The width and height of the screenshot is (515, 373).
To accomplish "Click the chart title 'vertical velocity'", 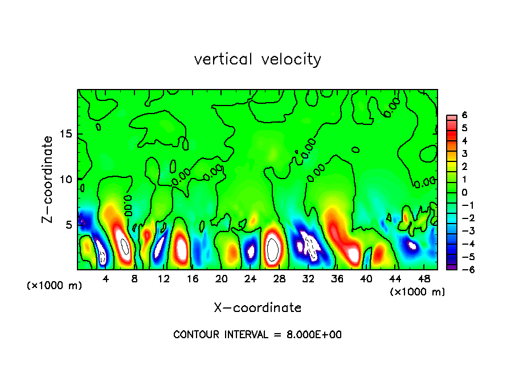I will click(x=257, y=59).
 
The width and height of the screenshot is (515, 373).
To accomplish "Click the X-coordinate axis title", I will click(x=257, y=308).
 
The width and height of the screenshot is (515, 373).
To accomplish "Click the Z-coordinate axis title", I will click(x=48, y=179).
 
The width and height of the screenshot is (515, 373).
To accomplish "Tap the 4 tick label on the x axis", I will click(x=106, y=279).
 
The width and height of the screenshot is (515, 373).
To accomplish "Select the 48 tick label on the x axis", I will click(x=423, y=279).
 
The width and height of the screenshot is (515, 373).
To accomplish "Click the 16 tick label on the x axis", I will click(x=193, y=279).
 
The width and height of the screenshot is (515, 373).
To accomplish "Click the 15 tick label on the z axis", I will click(x=64, y=135).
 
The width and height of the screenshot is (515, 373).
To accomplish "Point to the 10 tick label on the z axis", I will click(x=64, y=180).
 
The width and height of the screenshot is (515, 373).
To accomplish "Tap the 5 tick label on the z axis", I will click(x=67, y=225).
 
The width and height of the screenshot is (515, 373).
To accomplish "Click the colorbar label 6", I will click(x=464, y=115).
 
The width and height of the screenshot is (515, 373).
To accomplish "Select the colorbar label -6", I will click(x=463, y=270).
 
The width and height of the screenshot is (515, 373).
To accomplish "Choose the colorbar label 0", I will click(x=464, y=192).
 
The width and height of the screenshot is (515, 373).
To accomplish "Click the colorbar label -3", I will click(x=463, y=231).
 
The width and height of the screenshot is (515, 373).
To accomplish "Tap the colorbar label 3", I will click(x=464, y=153).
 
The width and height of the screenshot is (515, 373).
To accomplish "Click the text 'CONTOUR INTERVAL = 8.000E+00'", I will click(x=257, y=335).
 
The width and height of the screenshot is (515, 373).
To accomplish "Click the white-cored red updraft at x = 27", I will click(x=273, y=248).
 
